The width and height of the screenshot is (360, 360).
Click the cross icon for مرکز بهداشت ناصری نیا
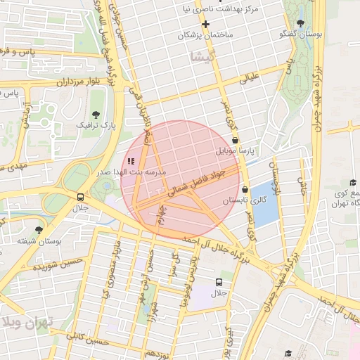(205, 24)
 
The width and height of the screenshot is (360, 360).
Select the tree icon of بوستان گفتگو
(300, 23)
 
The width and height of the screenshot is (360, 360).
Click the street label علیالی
(250, 77)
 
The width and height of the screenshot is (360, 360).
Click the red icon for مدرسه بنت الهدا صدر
(131, 161)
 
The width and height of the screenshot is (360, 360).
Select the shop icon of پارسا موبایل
(235, 140)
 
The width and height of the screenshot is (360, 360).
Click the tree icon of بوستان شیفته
(39, 229)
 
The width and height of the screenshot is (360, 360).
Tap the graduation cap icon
(288, 352)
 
